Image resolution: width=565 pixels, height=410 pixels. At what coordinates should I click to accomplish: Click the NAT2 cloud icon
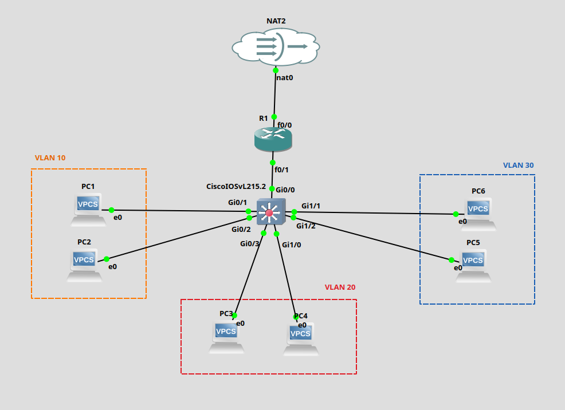point(276,46)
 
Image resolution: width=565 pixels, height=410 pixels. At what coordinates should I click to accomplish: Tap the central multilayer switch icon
point(270,212)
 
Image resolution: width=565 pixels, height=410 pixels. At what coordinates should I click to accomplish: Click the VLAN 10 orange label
point(50,157)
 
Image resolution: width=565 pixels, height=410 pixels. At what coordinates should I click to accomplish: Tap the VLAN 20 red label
point(340,287)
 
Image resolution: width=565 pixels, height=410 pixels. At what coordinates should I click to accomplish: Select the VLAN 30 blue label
point(518,165)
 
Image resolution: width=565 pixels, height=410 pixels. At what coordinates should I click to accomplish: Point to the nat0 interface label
point(285,77)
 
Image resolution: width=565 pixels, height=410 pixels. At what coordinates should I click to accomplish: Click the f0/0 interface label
point(285,125)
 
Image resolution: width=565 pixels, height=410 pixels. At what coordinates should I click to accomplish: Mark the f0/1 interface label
point(281,169)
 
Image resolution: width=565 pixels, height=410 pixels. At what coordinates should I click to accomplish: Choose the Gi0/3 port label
point(250,243)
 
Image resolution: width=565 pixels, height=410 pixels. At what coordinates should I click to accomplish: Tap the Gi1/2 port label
point(306,226)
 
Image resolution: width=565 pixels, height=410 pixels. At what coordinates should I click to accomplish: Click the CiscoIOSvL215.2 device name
point(236,187)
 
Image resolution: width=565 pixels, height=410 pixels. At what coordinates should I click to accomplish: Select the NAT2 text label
point(276,21)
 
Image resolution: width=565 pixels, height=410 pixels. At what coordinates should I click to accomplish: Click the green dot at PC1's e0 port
point(111,210)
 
